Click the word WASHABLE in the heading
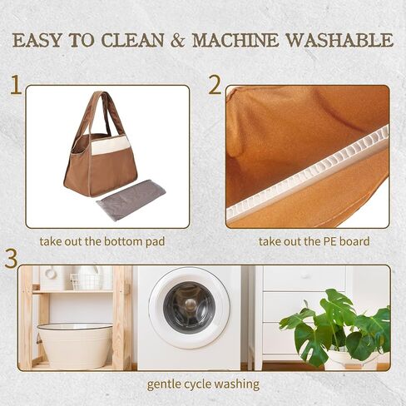point(339,40)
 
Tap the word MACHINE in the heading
point(235,40)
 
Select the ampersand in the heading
point(177,41)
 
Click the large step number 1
point(16,85)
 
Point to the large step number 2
point(215,85)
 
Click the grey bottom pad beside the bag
point(131,200)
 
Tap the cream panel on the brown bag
point(111,146)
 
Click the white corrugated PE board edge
point(307,171)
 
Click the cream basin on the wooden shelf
point(75,345)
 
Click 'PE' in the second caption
point(329,241)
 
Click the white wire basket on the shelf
point(85,280)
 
